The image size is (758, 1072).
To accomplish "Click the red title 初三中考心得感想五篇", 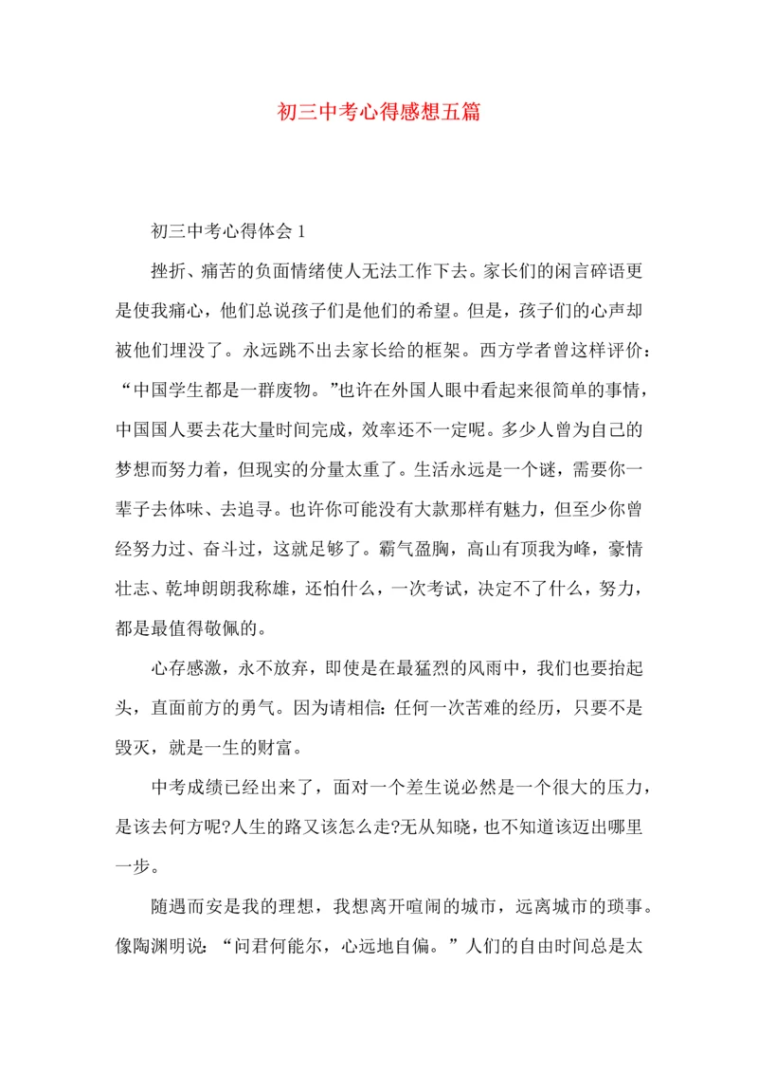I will pyautogui.click(x=379, y=113).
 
